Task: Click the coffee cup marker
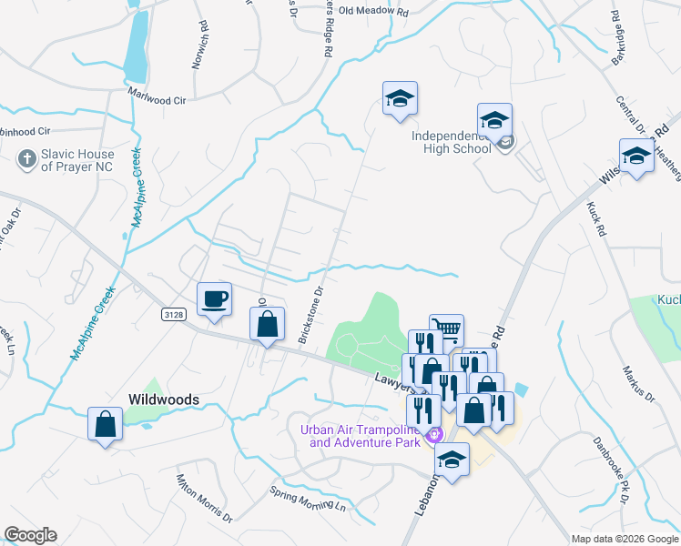(215, 300)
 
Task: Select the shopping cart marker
(446, 330)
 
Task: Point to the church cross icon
(27, 160)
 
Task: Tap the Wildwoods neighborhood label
(163, 399)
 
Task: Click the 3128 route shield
(176, 314)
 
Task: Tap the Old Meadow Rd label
(374, 13)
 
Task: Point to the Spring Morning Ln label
(309, 498)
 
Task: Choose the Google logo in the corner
(30, 535)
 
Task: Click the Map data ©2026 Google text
(624, 539)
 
